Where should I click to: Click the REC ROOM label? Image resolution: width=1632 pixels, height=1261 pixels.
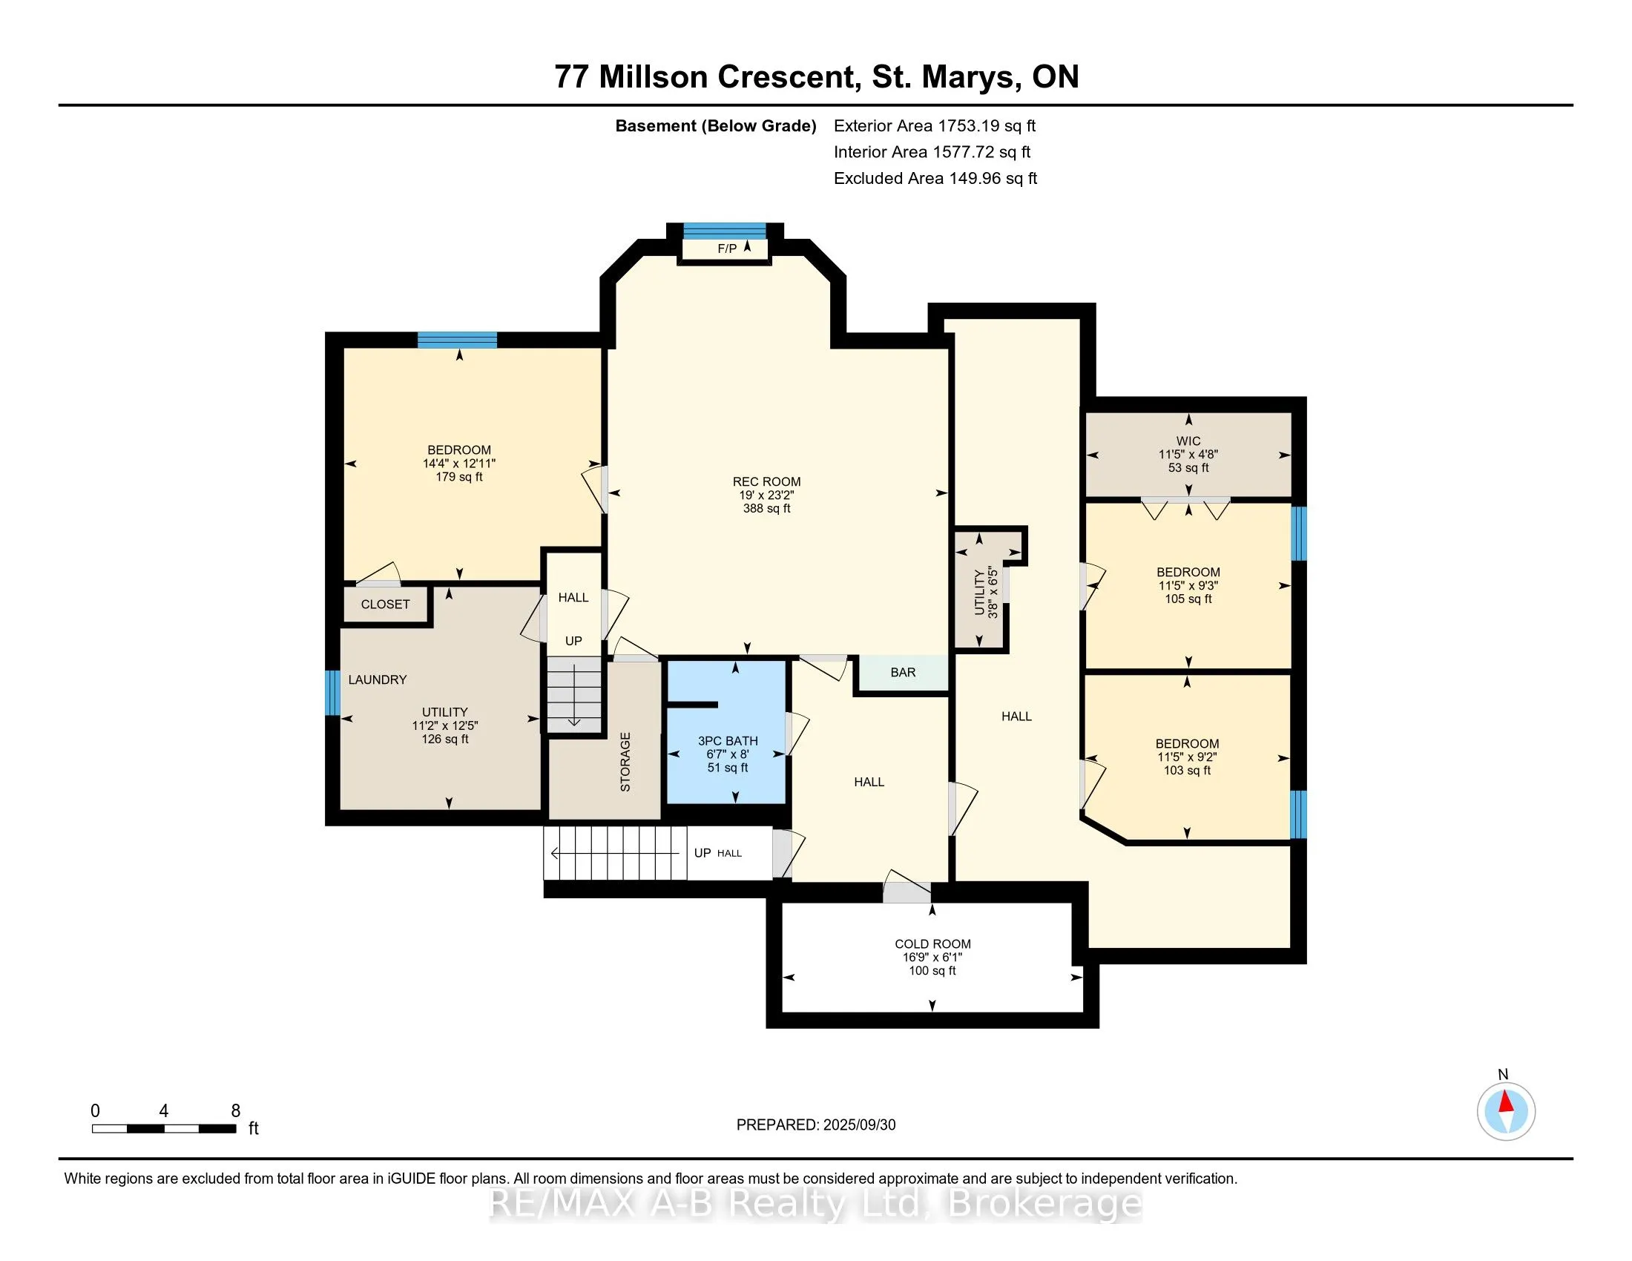tap(766, 482)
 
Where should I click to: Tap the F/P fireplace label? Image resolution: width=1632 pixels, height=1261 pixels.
tap(726, 248)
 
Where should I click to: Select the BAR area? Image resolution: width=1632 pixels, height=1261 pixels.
tap(903, 672)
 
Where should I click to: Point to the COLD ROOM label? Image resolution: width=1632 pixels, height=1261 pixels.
tap(932, 944)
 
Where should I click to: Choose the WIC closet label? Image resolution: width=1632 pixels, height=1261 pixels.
tap(1188, 441)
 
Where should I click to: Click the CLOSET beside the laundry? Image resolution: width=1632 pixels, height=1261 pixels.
tap(386, 605)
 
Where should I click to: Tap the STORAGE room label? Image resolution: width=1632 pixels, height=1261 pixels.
tap(625, 762)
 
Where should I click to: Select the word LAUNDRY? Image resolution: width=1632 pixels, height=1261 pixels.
tap(378, 679)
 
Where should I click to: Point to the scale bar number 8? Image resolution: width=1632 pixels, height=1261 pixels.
tap(235, 1111)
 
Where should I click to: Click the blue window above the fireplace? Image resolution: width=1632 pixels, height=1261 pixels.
tap(725, 230)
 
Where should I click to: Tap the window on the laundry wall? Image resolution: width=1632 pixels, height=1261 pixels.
tap(332, 693)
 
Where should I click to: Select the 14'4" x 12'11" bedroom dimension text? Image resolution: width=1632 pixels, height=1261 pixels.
tap(458, 463)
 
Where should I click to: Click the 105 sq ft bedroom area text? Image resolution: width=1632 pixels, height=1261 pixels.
tap(1188, 599)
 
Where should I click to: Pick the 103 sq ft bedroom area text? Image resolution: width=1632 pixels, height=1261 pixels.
tap(1187, 771)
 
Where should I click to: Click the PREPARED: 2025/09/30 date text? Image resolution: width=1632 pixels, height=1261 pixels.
tap(816, 1125)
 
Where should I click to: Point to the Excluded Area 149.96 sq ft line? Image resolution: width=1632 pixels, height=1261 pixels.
tap(935, 179)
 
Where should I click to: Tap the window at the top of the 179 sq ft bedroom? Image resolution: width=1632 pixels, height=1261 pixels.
tap(457, 340)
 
